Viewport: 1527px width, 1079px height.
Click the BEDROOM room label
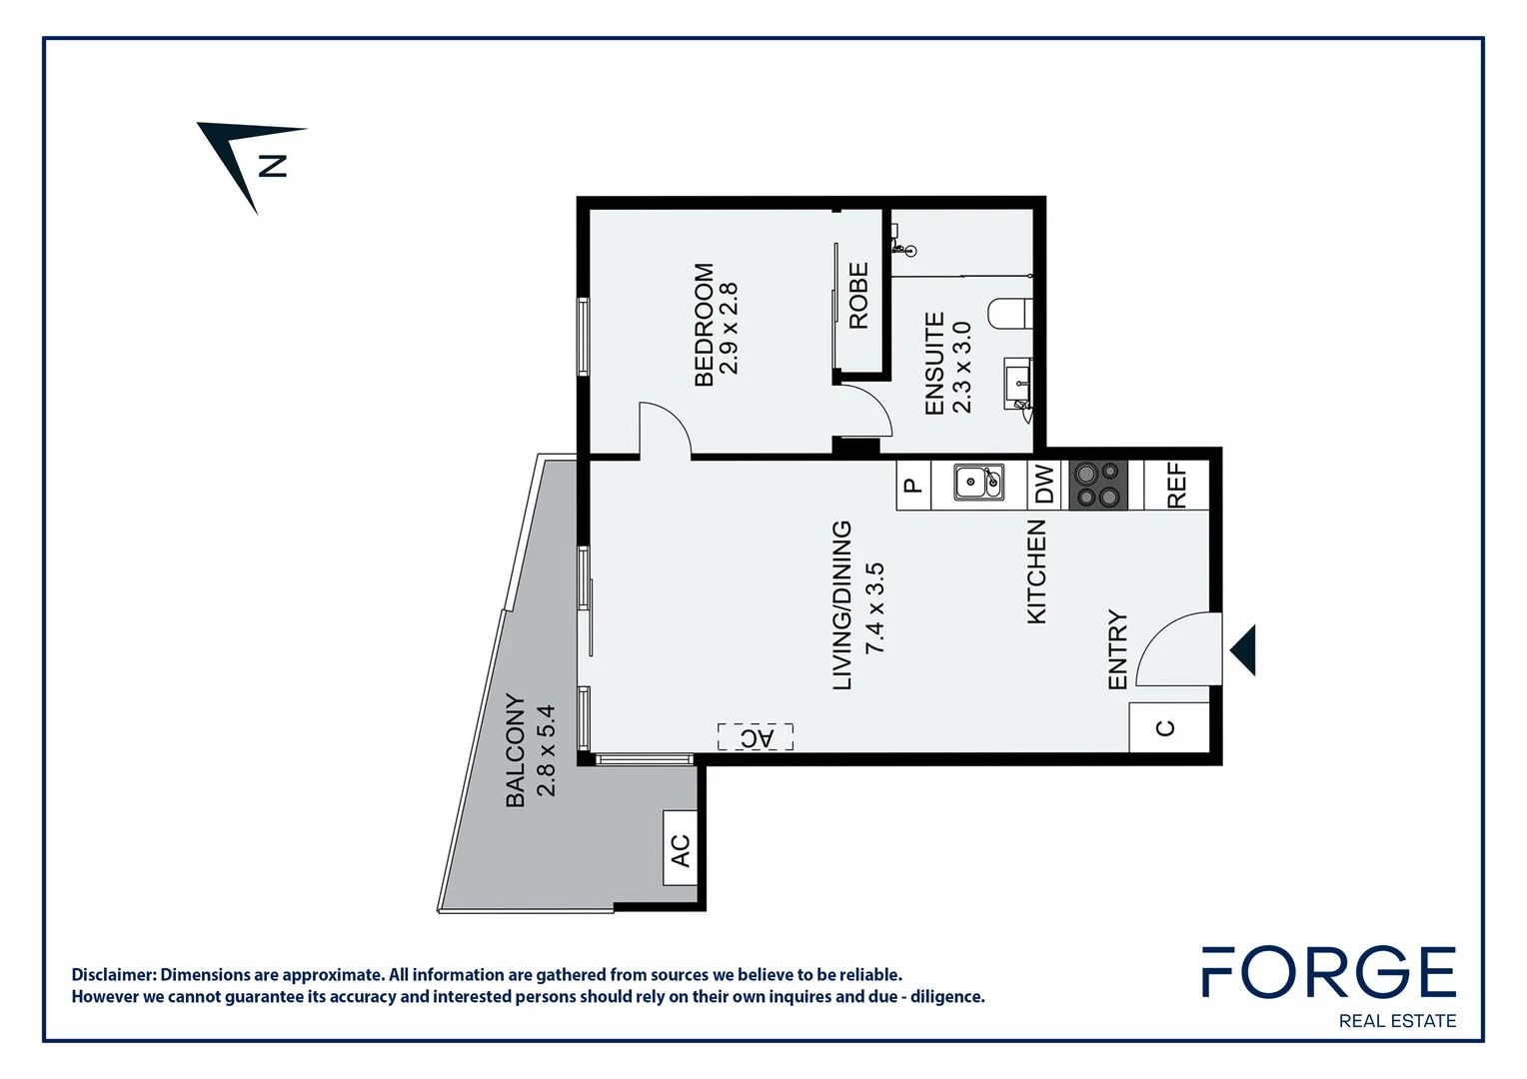[x=704, y=325]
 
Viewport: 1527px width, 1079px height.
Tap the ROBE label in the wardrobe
[x=858, y=296]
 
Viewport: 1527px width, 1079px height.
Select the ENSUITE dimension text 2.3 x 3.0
[x=961, y=367]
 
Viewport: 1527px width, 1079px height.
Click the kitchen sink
[x=978, y=483]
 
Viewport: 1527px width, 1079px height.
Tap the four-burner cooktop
[x=1098, y=485]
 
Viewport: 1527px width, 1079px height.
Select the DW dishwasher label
[x=1044, y=485]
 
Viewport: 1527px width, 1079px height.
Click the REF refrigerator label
[x=1176, y=485]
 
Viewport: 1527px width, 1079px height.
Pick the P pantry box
[x=912, y=487]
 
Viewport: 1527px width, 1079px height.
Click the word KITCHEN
[x=1036, y=571]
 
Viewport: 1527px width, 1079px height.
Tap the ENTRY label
[x=1117, y=649]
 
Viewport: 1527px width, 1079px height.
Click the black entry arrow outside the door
[x=1244, y=650]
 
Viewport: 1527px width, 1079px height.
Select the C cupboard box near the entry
[x=1166, y=727]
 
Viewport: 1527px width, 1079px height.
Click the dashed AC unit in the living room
[x=756, y=737]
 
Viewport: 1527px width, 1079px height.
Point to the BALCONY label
[x=515, y=750]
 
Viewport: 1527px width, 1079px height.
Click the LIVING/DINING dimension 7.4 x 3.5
[x=874, y=607]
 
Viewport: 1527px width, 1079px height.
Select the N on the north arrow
[x=272, y=165]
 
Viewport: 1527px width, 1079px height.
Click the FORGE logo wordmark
[x=1328, y=971]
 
